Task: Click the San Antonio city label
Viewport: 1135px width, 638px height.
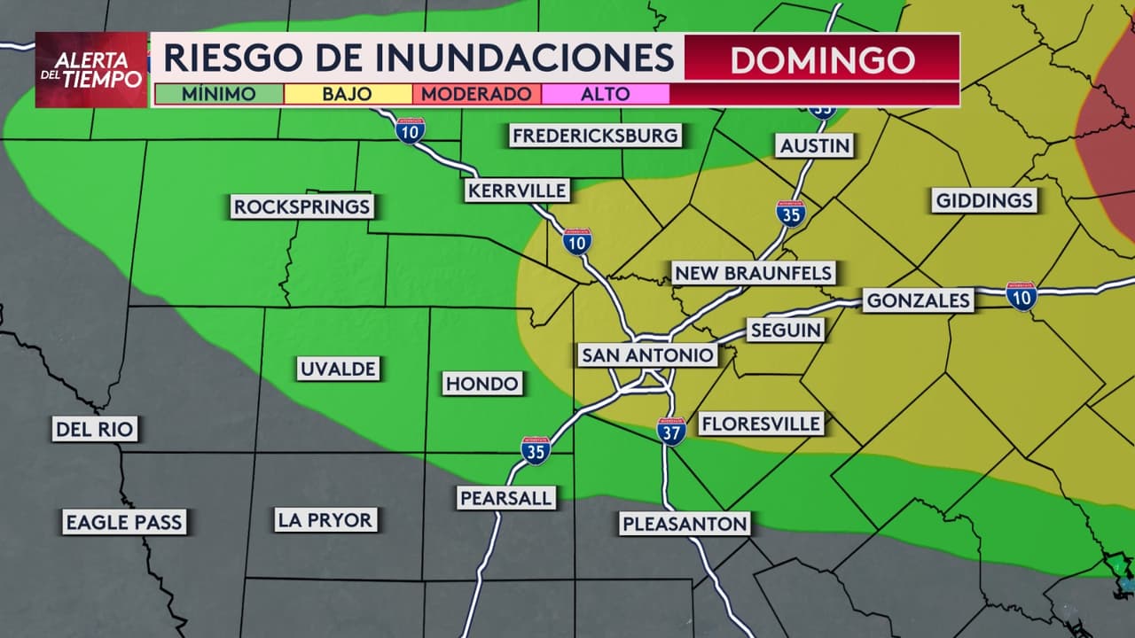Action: point(647,355)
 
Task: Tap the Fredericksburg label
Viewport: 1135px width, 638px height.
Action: point(595,136)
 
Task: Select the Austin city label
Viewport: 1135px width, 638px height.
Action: point(815,145)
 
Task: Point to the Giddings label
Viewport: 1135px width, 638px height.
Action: point(984,200)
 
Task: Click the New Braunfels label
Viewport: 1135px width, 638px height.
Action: point(753,273)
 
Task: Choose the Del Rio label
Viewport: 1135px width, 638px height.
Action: point(94,431)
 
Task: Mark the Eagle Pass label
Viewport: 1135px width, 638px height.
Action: point(123,522)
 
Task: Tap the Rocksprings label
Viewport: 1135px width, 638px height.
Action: point(301,207)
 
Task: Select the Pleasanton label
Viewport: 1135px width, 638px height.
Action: point(685,524)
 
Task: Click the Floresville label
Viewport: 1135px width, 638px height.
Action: point(761,424)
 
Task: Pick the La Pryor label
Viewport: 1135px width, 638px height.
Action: point(325,519)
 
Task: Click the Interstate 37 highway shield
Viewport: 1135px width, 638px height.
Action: point(671,432)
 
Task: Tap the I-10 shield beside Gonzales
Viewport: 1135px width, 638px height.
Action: point(1021,296)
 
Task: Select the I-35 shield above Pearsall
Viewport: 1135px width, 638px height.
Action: point(535,450)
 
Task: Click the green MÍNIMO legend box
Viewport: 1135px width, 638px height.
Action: point(219,94)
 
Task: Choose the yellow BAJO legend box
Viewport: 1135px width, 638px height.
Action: point(348,94)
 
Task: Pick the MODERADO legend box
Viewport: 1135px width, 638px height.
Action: point(476,94)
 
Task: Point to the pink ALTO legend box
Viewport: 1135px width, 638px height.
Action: point(605,94)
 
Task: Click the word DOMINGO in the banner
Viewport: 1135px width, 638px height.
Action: point(822,59)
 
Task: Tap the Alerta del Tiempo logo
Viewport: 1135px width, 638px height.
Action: point(91,70)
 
